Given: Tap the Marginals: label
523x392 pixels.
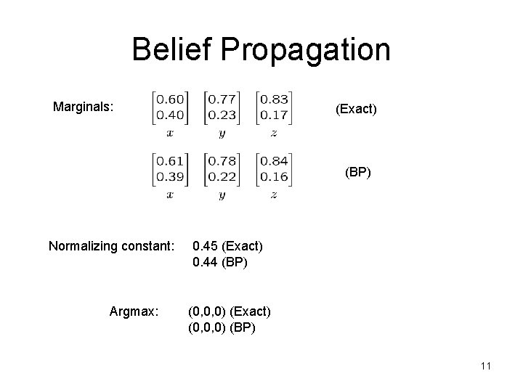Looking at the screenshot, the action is coord(84,107).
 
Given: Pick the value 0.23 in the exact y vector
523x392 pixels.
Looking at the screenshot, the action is coord(221,115).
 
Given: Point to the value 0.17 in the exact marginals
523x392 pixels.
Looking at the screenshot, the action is coord(272,115).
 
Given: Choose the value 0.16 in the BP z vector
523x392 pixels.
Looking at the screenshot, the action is coord(272,176).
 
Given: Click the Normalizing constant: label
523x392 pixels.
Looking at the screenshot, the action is coord(111,245).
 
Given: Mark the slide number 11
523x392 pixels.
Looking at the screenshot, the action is coord(485,367).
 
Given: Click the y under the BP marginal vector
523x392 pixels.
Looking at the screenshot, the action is coord(221,195).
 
